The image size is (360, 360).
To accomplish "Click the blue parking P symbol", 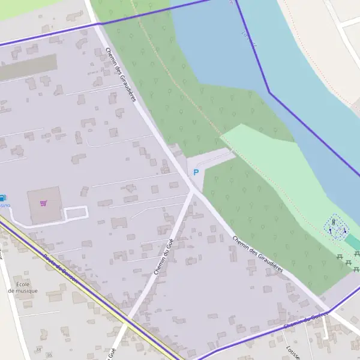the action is pos(195,172).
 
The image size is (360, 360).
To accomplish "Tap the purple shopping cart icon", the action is pos(43,203).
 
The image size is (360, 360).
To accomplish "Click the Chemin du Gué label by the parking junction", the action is pos(163,254).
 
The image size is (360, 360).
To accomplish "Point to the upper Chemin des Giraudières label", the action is pos(121,74).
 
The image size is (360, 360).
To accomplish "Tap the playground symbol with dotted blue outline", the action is pos(336,227).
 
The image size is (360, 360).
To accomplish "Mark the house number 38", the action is pos(39,349).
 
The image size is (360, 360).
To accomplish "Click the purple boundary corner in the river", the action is pos(269,92).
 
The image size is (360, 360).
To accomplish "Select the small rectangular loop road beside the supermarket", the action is pos(76,212).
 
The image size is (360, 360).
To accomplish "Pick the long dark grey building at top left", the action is pos(27,68).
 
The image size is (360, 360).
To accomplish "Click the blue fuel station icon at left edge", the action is pos(2,197).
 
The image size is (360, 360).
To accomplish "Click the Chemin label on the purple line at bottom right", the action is pos(306,320).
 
